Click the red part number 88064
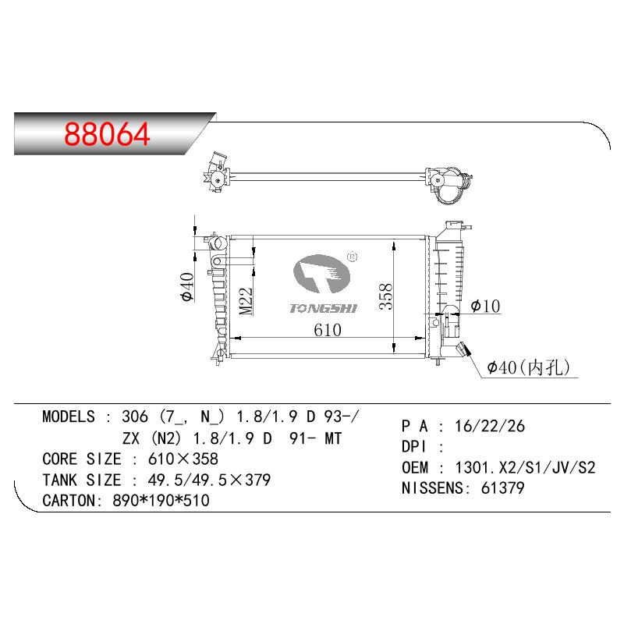tap(107, 133)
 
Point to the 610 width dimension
tap(327, 330)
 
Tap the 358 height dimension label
tap(385, 296)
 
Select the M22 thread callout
tap(246, 301)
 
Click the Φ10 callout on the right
tap(485, 306)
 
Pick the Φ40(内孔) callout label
tap(529, 367)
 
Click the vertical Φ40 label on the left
tap(186, 287)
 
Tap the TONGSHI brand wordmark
tap(323, 308)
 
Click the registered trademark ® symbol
tap(353, 257)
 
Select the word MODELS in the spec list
tap(69, 417)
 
